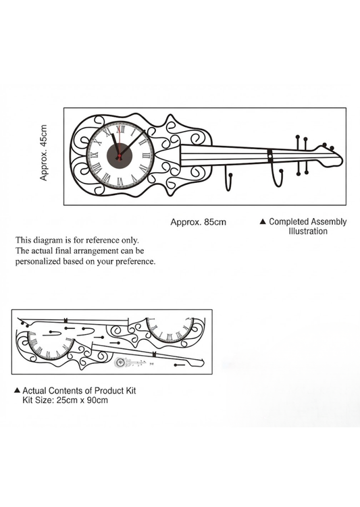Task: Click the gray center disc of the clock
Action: click(120, 155)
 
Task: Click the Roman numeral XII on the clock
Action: click(120, 130)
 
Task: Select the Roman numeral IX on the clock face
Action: click(95, 155)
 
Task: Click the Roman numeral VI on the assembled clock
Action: click(120, 182)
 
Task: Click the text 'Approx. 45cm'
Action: click(43, 153)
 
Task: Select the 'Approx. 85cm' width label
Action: click(199, 222)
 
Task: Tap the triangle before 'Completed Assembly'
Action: click(263, 221)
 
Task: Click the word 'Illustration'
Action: click(308, 231)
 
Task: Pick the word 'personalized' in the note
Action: click(38, 261)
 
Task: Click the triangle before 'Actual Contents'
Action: click(17, 390)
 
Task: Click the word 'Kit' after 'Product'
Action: click(130, 391)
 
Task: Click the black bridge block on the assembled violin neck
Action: click(270, 155)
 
